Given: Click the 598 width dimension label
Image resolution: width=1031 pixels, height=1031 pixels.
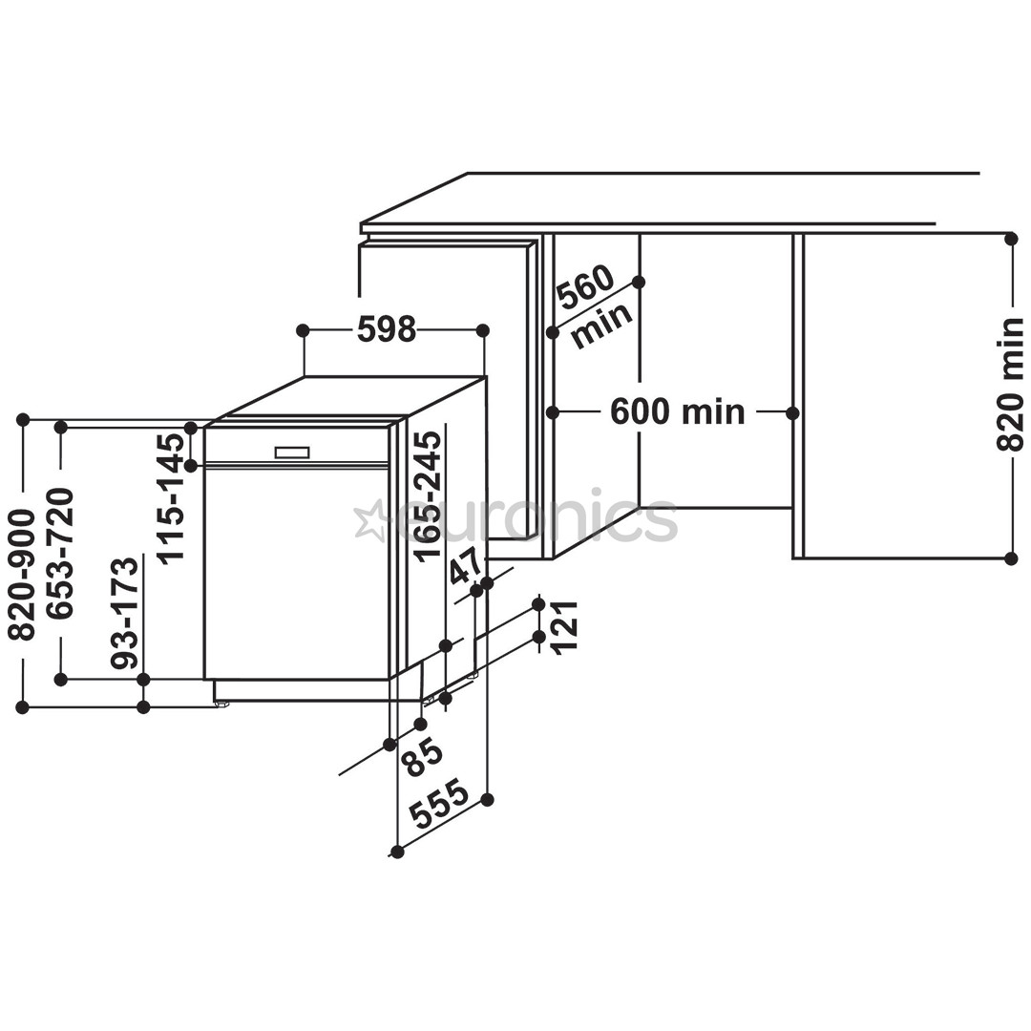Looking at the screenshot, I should (x=387, y=329).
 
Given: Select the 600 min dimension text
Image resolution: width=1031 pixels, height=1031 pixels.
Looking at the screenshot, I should (x=677, y=412).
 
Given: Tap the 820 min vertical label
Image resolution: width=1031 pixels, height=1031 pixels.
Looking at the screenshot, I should (x=1009, y=384).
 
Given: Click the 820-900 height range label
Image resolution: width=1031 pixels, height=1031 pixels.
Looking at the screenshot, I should (x=22, y=574).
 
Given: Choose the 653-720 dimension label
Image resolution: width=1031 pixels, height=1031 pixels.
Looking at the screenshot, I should (x=61, y=554).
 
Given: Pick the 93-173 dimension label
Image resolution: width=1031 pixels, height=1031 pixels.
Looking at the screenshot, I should (x=125, y=612).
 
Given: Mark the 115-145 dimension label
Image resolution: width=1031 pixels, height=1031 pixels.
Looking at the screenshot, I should (x=172, y=497).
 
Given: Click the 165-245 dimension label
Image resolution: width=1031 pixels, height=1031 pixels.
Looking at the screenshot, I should (x=429, y=495).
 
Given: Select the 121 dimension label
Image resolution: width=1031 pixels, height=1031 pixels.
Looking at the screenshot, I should (x=565, y=626).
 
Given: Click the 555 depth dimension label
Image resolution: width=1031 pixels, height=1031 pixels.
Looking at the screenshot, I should (x=439, y=804).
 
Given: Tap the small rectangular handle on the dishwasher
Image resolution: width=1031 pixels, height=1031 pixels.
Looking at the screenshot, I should (x=292, y=452).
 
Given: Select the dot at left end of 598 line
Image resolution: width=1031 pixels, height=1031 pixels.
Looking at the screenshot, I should (x=303, y=330).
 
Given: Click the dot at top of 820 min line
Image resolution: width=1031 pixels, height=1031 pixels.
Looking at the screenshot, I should (x=1011, y=239).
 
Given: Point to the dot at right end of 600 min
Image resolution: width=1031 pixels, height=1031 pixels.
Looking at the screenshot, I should (x=792, y=413).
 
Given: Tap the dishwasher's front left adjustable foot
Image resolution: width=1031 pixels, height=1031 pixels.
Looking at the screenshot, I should (x=222, y=705).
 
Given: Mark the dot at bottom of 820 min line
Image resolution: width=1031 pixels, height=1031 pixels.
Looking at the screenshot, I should (x=1011, y=558).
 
